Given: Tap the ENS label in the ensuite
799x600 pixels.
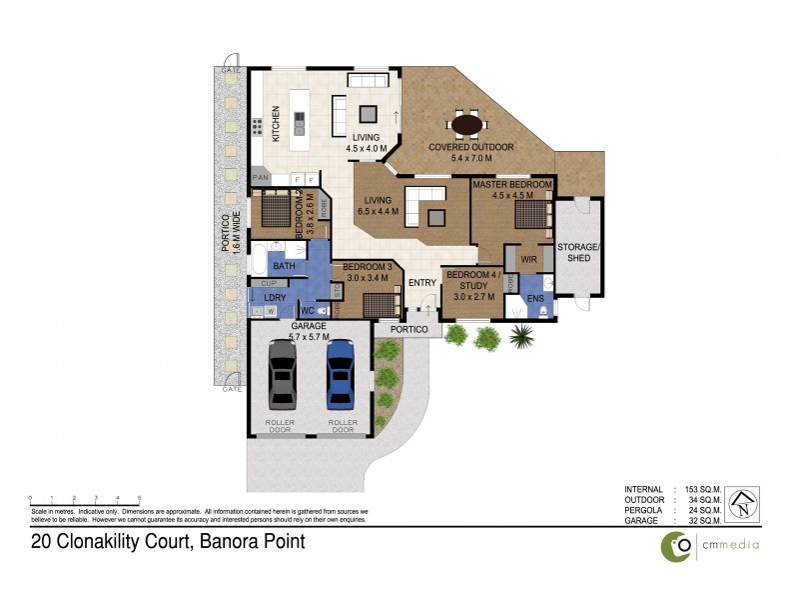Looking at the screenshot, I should [535, 297].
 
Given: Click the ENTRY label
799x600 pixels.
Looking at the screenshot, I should [422, 283].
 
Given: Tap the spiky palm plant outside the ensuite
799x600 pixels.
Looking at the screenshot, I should [519, 336].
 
